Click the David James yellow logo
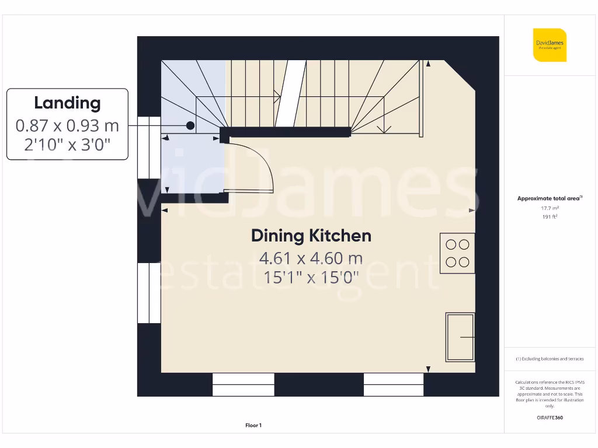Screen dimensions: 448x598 549,45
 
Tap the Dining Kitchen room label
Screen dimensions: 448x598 311,236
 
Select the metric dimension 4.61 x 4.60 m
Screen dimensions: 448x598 311,258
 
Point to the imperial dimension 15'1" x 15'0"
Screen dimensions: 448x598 311,277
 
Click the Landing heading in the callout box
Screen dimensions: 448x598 67,103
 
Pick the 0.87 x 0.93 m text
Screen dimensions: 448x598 67,125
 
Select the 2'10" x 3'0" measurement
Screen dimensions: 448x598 67,144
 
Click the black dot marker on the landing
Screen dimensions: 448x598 190,125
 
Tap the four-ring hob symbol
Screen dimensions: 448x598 458,253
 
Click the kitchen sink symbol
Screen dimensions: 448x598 460,337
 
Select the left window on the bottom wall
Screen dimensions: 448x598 243,385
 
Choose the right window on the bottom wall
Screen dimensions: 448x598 394,385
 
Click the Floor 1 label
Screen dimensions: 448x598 253,426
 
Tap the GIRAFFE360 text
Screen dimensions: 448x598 549,418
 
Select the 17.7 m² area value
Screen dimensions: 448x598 549,208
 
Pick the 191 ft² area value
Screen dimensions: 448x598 549,216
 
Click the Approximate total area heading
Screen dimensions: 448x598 548,198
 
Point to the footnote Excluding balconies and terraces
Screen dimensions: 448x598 549,359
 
